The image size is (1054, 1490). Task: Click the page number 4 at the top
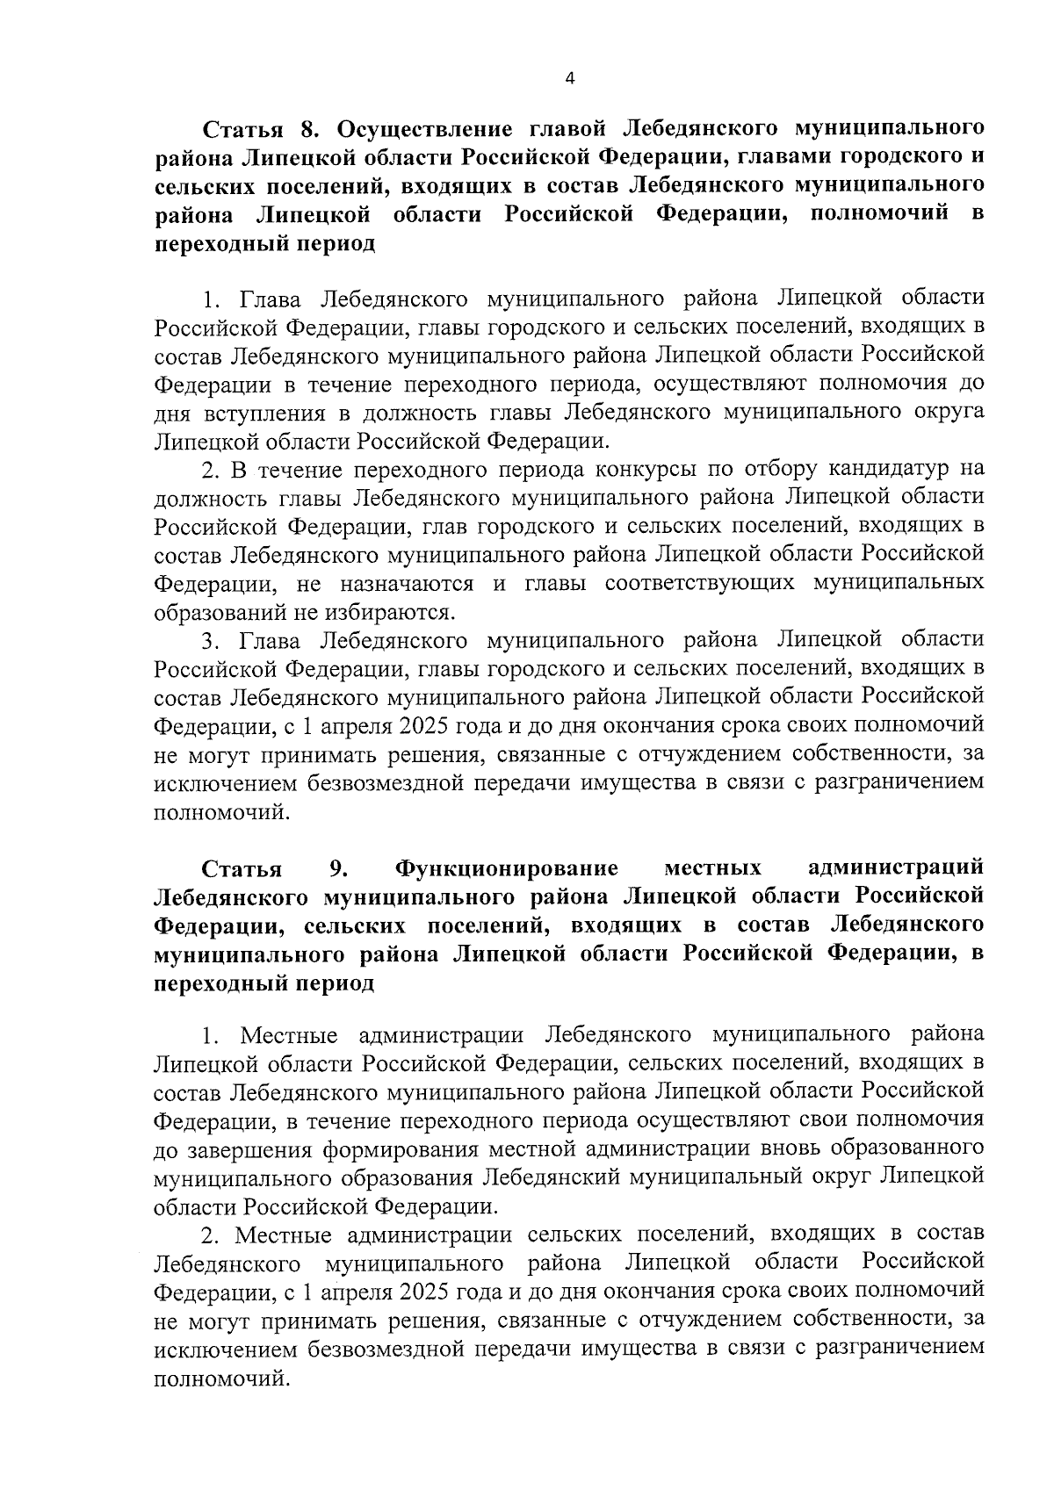coord(569,79)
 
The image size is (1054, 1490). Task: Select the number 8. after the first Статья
coord(308,130)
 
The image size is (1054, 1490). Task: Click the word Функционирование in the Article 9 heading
coord(507,868)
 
